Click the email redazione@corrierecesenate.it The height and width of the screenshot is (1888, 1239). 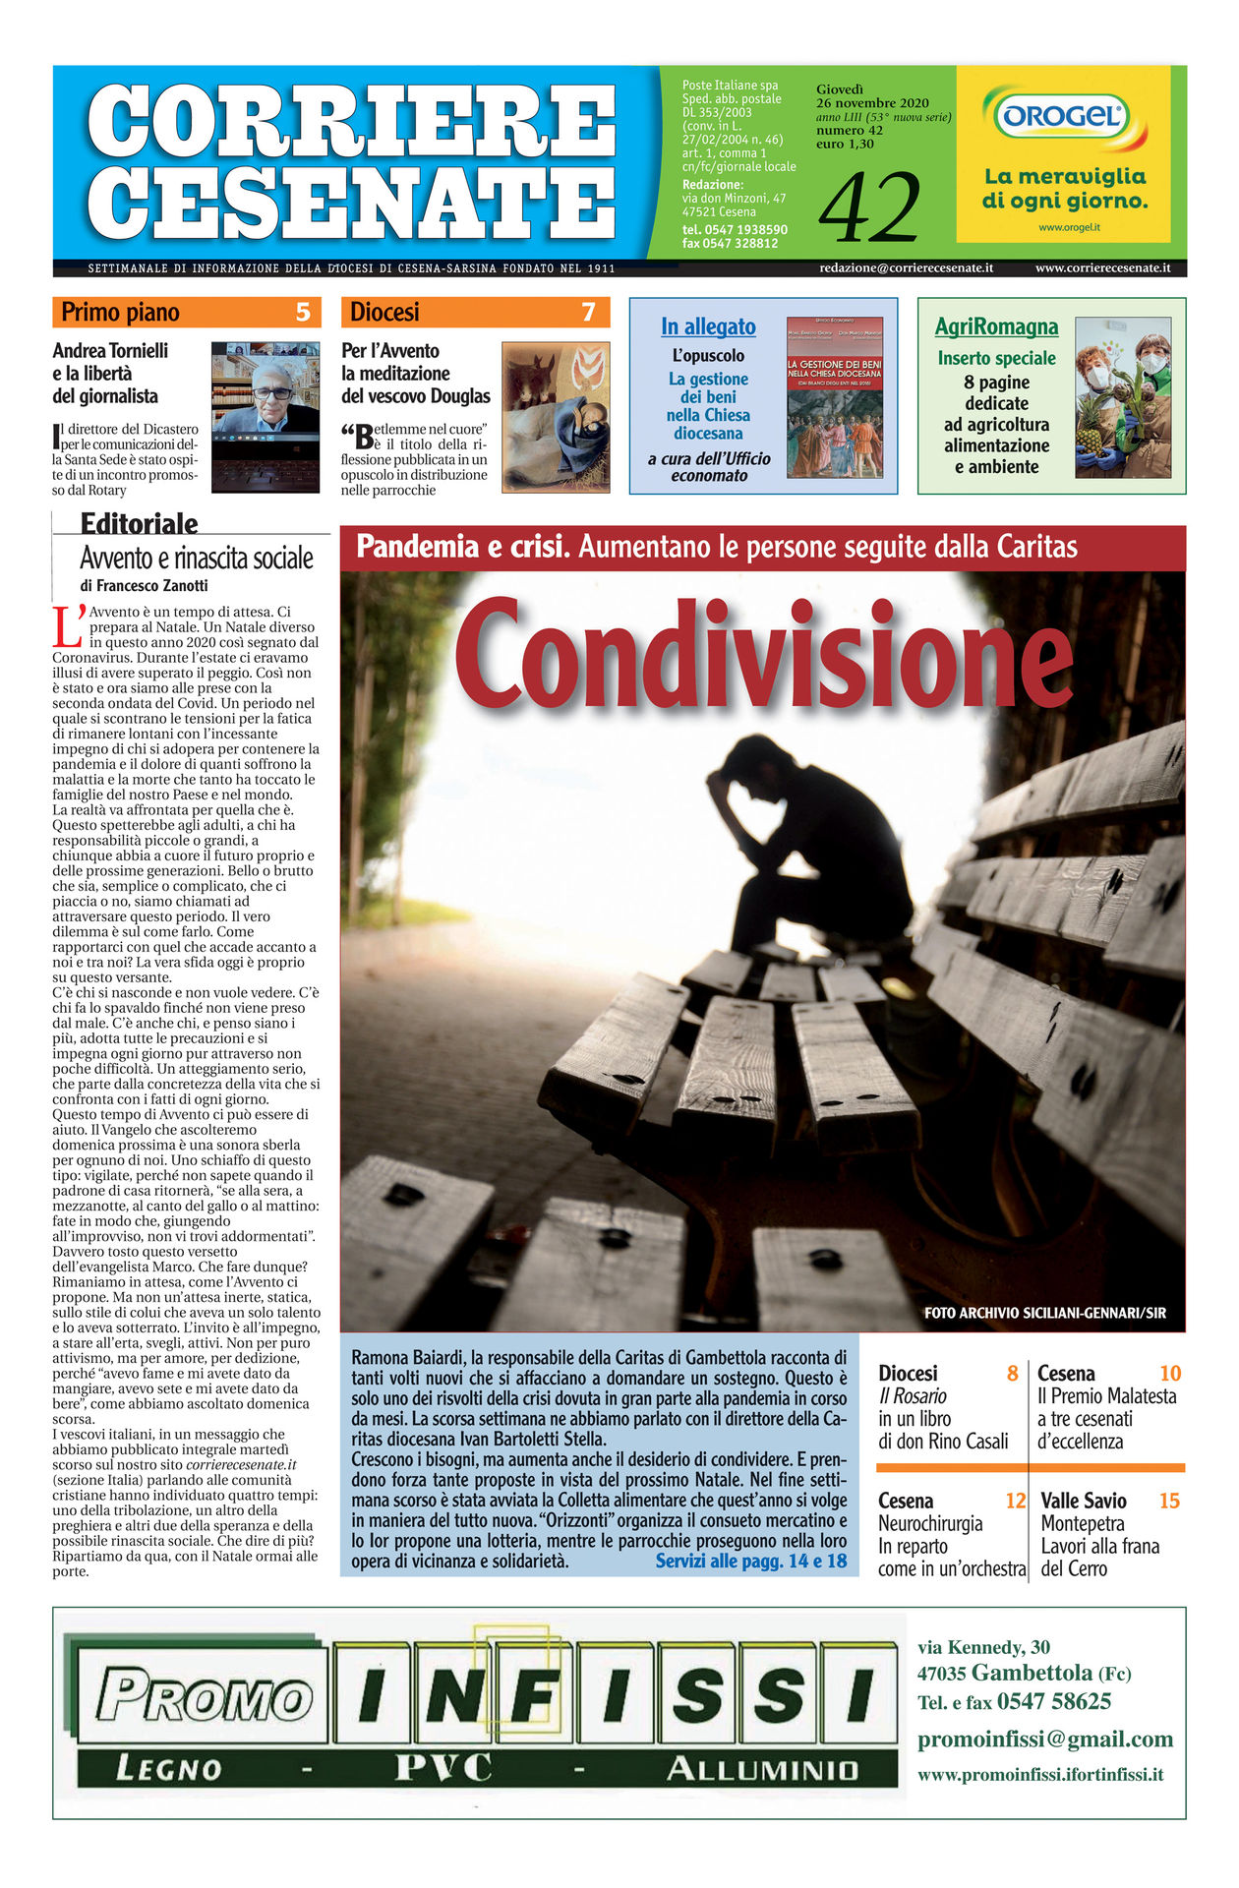(906, 267)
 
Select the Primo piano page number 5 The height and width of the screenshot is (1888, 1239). (303, 313)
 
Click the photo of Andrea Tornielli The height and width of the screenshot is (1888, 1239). (265, 416)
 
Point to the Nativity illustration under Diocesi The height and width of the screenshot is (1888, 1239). (556, 417)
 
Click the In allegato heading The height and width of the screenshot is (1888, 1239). (708, 326)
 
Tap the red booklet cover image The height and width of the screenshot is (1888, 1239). (835, 397)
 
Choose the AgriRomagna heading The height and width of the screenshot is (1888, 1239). (996, 326)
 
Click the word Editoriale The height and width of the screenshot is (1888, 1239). (139, 523)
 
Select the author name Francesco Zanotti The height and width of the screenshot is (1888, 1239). (152, 586)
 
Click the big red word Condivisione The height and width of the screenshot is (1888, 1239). (762, 655)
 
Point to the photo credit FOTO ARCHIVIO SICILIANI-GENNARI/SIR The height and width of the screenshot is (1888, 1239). (1044, 1313)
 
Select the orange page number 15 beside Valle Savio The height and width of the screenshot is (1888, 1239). (1169, 1501)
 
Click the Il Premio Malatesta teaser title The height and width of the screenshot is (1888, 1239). (1106, 1396)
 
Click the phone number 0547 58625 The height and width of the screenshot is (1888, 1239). (1053, 1702)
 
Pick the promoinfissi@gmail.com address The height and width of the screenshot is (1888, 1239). (1044, 1740)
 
